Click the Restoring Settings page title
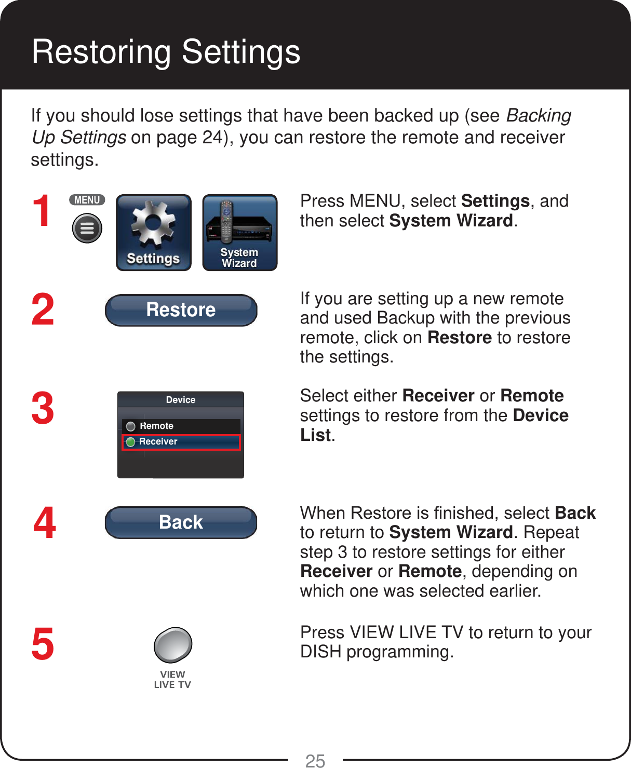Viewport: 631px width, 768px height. pos(166,52)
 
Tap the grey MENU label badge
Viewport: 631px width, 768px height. pos(87,200)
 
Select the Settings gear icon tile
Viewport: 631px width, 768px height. pos(153,233)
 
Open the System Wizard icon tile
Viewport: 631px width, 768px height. pos(239,233)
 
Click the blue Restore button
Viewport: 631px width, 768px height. pos(181,310)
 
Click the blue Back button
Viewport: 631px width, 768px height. pos(181,522)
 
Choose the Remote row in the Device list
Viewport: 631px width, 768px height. pos(181,426)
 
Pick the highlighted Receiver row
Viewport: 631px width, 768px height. pos(181,442)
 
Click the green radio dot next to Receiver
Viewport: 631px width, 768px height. pos(131,442)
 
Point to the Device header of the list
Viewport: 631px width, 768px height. pos(180,400)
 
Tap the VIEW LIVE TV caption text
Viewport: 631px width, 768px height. pos(172,679)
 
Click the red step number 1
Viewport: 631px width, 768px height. pos(42,211)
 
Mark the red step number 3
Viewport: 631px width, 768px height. pos(43,409)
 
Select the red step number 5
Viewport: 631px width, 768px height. pos(43,644)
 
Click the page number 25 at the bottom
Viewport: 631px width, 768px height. pos(315,761)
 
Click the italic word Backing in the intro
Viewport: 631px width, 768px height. pos(539,115)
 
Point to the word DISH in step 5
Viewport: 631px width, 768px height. pos(320,652)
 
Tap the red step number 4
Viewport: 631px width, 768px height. pos(45,523)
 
